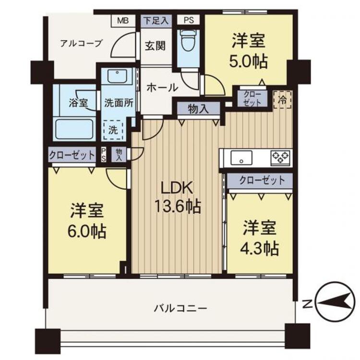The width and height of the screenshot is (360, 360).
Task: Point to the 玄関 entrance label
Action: pos(155,46)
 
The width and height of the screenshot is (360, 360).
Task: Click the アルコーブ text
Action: pos(81,44)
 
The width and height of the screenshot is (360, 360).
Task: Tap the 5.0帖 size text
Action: pos(249,61)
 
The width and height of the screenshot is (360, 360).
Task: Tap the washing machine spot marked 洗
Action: pos(114,130)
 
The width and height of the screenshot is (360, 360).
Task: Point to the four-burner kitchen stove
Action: pos(280,156)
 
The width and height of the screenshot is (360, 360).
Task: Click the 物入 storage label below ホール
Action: pos(198,109)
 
